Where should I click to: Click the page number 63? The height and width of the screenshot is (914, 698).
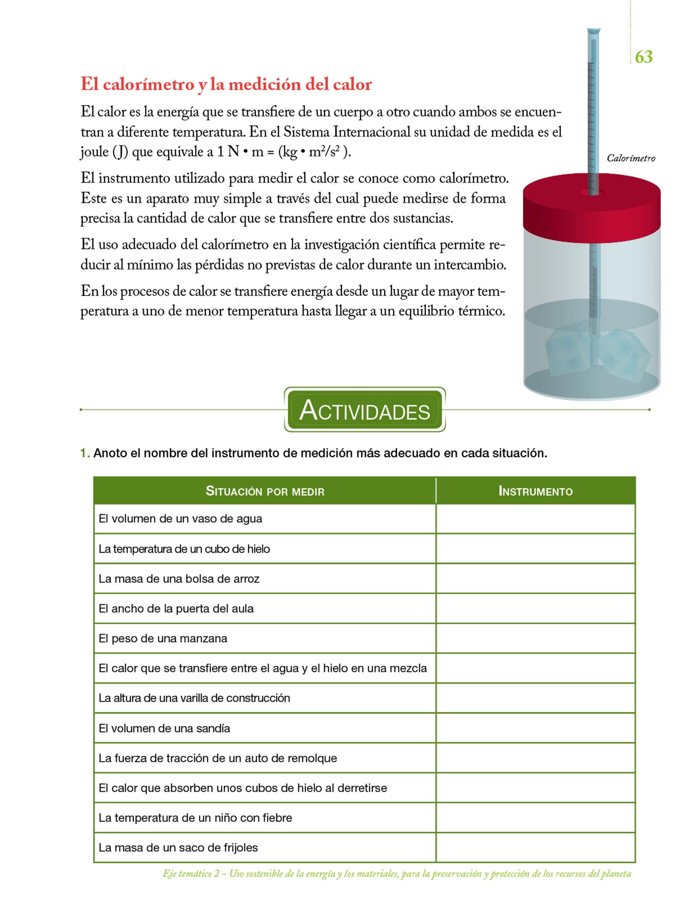[644, 57]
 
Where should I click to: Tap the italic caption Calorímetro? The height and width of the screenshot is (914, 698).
[631, 158]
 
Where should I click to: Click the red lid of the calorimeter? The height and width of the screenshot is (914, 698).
[591, 210]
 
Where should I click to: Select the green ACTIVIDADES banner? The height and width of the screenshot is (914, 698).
[365, 410]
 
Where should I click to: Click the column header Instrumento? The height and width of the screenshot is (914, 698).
[535, 491]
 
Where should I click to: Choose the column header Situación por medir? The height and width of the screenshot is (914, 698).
[265, 491]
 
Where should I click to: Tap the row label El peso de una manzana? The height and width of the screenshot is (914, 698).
[163, 639]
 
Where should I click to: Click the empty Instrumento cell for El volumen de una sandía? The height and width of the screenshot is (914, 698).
[535, 728]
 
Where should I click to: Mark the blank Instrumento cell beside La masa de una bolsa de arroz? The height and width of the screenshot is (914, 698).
[535, 579]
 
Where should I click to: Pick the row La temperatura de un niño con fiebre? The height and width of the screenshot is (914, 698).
[195, 818]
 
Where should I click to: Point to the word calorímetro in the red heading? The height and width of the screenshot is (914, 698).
[150, 84]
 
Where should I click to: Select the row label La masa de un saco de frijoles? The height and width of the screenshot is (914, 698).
[178, 848]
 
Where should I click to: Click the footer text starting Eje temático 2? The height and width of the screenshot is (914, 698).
[396, 874]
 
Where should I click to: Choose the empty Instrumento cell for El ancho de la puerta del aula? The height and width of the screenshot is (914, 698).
[535, 609]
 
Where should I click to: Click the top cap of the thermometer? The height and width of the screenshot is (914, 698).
[593, 32]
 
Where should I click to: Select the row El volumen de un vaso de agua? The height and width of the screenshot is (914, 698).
[180, 519]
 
